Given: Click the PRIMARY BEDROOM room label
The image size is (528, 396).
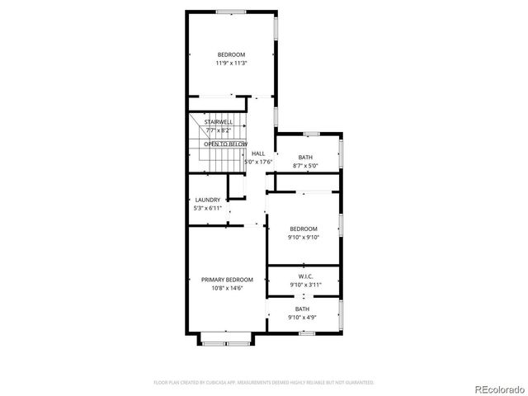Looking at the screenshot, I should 227,280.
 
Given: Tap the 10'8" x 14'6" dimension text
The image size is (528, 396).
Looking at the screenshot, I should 227,289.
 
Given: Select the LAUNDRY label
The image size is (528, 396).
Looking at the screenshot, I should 207,200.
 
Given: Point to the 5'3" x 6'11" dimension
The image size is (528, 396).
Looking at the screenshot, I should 207,209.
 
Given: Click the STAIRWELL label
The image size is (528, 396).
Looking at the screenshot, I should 219,121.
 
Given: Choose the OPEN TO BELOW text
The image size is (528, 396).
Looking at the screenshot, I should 225,144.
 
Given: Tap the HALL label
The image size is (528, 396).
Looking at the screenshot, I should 258,153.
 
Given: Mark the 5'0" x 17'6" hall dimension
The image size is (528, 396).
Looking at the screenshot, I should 258,162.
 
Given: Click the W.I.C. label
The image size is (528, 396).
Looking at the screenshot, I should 304,276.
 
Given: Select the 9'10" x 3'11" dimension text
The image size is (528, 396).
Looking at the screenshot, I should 304,285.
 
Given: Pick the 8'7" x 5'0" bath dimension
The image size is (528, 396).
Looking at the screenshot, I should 305,166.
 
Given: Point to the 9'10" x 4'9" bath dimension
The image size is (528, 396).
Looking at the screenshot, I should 304,318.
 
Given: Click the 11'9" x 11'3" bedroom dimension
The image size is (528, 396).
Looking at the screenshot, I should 231,63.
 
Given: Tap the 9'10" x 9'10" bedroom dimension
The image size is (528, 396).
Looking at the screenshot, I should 303,237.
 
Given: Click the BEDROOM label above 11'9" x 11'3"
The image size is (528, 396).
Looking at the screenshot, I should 231,54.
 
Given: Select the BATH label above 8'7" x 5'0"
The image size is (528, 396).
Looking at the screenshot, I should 305,158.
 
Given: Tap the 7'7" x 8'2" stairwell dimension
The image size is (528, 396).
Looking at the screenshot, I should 219,130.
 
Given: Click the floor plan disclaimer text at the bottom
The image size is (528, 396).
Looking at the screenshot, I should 264,382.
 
